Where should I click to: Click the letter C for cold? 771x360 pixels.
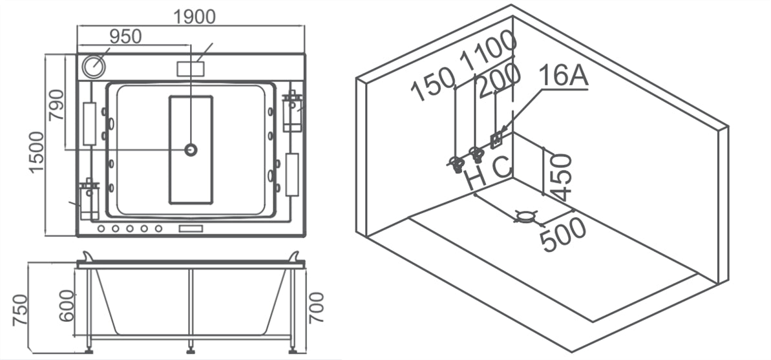(502, 166)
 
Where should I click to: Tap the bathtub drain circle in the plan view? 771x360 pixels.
(191, 150)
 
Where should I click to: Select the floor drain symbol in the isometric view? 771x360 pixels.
(526, 217)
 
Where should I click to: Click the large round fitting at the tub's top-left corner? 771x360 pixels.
(93, 66)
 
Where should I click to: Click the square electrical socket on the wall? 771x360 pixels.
(497, 138)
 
